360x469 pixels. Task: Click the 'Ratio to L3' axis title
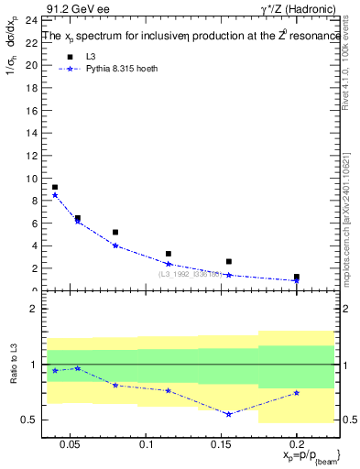[x=14, y=377]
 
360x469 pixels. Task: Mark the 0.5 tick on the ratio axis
[x=29, y=420]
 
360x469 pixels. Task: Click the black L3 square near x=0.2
[x=296, y=277]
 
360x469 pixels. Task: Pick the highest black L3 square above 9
[x=55, y=187]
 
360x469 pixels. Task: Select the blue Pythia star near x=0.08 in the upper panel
[x=115, y=245]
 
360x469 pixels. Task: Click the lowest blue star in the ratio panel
[x=228, y=414]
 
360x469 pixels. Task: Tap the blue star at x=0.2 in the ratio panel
[x=296, y=393]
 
